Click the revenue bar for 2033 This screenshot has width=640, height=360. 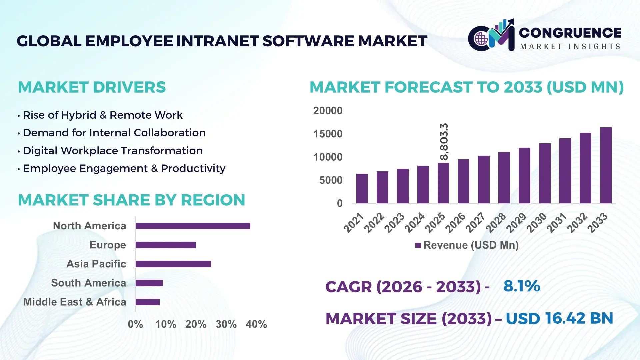pyautogui.click(x=605, y=165)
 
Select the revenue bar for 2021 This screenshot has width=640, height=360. pyautogui.click(x=362, y=188)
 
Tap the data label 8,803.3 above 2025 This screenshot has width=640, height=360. pyautogui.click(x=444, y=142)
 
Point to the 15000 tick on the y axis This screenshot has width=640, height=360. pyautogui.click(x=328, y=134)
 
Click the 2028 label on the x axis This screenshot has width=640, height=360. pyautogui.click(x=496, y=223)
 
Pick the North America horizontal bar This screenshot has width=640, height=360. pyautogui.click(x=193, y=226)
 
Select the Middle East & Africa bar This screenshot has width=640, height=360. pyautogui.click(x=147, y=302)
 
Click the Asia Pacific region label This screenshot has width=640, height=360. pyautogui.click(x=96, y=264)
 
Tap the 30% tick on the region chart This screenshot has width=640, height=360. pyautogui.click(x=226, y=324)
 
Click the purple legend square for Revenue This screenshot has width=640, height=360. pyautogui.click(x=418, y=245)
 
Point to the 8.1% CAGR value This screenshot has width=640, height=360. pyautogui.click(x=521, y=286)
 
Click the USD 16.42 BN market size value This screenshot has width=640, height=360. pyautogui.click(x=559, y=318)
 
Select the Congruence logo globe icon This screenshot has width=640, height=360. pyautogui.click(x=481, y=39)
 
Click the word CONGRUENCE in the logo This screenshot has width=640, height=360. pyautogui.click(x=570, y=33)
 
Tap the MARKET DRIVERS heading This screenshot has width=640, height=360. pyautogui.click(x=92, y=87)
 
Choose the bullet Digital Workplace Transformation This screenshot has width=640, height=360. pyautogui.click(x=112, y=151)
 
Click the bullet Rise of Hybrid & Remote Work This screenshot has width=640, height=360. pyautogui.click(x=102, y=115)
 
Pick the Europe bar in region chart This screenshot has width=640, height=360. pyautogui.click(x=166, y=245)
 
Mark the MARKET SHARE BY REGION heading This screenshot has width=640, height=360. pyautogui.click(x=131, y=200)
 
